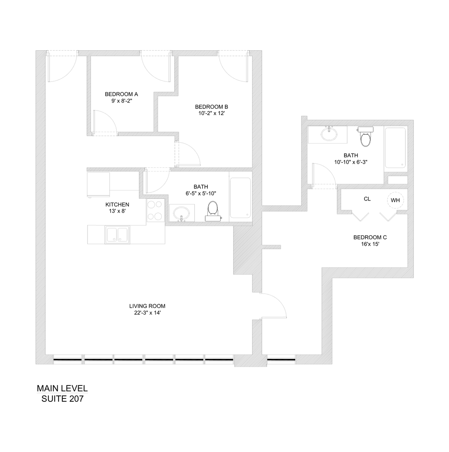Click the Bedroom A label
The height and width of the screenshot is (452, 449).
pos(121,94)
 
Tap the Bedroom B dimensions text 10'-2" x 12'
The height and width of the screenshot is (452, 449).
pos(211,113)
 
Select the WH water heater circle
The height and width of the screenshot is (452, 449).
pos(395,200)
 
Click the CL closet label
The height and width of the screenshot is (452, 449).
pos(367,199)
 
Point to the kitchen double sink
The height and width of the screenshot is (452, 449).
pos(117,235)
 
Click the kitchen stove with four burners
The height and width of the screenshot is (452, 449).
pos(155,211)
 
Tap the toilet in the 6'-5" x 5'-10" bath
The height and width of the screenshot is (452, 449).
pos(213,211)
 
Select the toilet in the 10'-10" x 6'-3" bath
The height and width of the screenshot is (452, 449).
pos(365,137)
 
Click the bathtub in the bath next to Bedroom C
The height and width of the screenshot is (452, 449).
pos(395,148)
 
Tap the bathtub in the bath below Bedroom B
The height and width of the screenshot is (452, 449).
pos(240,198)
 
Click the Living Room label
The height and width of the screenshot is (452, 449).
pos(144,306)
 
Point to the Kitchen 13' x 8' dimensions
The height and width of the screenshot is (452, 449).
pos(117,211)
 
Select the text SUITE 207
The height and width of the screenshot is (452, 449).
pos(62,399)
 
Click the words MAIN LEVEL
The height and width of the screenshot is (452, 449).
pos(62,388)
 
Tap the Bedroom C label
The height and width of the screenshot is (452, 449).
pos(367,237)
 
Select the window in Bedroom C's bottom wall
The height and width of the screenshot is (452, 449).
pos(281,359)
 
